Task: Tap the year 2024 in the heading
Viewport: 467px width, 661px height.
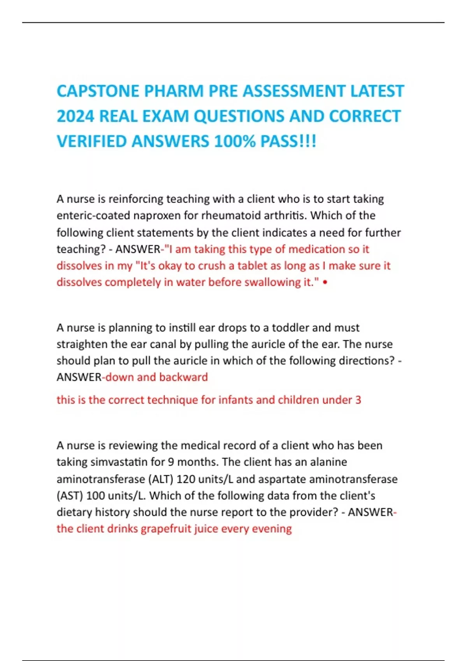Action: (75, 117)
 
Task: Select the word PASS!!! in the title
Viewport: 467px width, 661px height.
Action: (288, 142)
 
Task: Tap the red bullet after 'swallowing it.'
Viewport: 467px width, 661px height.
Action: (325, 282)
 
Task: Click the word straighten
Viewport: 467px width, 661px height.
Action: (82, 344)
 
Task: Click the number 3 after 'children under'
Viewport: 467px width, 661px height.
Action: (358, 400)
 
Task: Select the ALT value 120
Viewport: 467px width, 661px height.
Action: (186, 479)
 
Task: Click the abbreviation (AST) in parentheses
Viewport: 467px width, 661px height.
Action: (70, 496)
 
